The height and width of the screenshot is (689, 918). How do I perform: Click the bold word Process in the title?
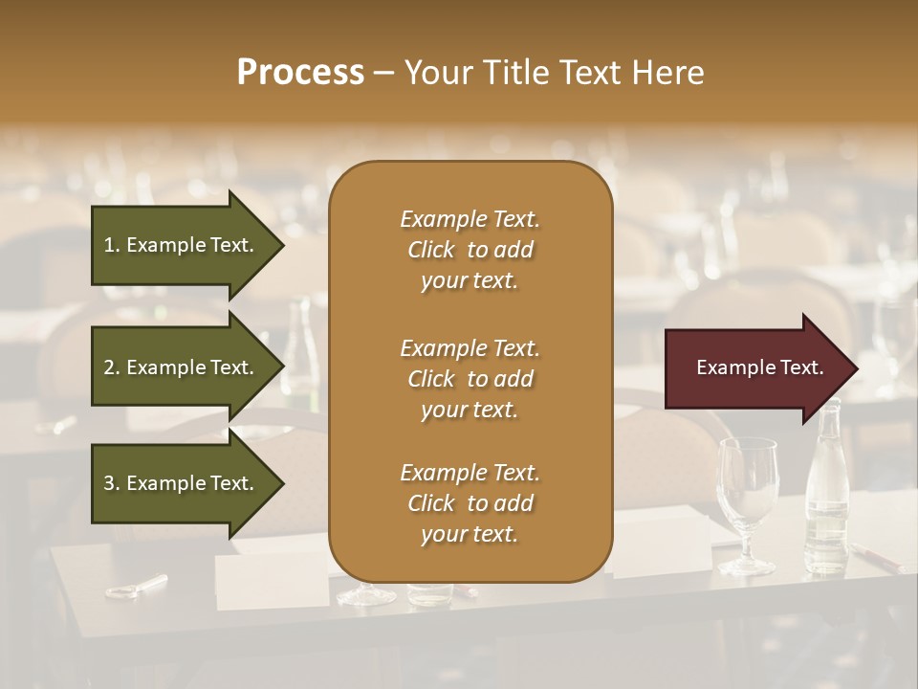tap(300, 73)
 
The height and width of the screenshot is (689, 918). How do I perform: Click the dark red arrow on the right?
tap(755, 368)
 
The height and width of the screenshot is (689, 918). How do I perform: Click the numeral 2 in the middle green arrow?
tap(109, 367)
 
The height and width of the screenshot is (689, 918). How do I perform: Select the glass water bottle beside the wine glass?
tap(826, 493)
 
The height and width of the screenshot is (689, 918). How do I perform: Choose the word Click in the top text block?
tap(431, 250)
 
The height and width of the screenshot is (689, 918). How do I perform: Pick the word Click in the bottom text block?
tap(431, 503)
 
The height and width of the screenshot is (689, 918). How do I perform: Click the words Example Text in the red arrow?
tap(759, 367)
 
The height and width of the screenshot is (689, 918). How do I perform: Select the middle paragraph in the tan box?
tap(470, 378)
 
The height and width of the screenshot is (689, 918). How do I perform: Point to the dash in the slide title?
tap(382, 73)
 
